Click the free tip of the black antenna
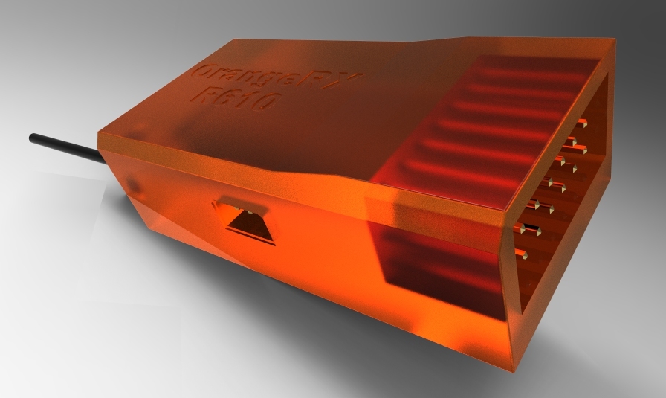[x=32, y=138]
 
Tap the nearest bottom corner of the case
[x=513, y=367]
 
